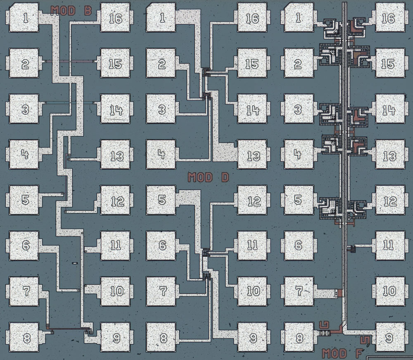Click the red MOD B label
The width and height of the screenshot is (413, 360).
(x=71, y=11)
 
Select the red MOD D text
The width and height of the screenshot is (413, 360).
(x=208, y=178)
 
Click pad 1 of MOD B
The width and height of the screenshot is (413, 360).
(x=26, y=19)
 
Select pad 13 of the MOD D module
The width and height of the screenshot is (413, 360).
(x=253, y=156)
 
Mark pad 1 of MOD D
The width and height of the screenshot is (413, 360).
(x=161, y=18)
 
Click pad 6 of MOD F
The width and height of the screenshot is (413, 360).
(x=298, y=245)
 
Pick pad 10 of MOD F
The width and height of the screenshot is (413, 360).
(x=389, y=291)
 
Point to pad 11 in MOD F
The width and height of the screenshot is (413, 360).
(x=389, y=245)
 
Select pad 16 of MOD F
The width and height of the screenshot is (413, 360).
(x=389, y=19)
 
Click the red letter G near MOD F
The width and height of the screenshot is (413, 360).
(x=323, y=324)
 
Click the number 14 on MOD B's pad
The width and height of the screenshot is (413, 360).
(x=116, y=110)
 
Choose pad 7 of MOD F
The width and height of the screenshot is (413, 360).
(x=298, y=291)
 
